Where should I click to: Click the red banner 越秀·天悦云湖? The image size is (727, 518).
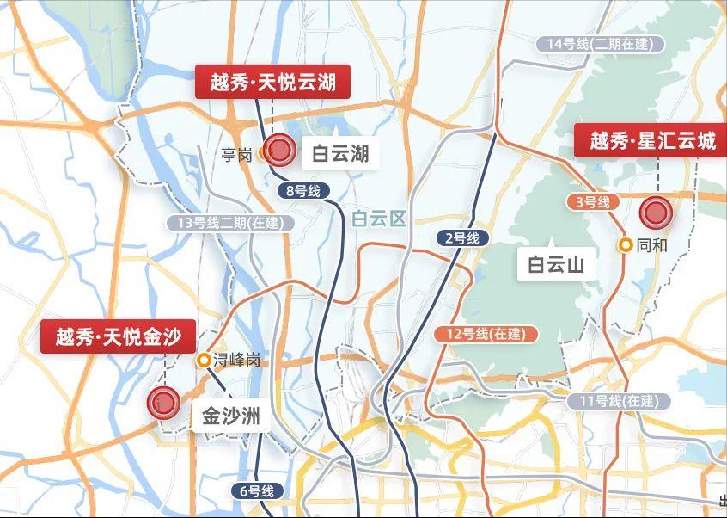point(272,83)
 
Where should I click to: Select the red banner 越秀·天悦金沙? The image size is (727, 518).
point(119,336)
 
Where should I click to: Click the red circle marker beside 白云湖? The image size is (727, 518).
point(279,151)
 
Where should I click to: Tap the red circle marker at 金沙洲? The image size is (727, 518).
point(163,401)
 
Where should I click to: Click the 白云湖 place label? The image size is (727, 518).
point(340,154)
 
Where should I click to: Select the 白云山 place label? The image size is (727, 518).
point(556,265)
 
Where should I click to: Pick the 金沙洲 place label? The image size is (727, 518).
point(229,417)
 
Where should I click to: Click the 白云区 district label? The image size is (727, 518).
point(378,219)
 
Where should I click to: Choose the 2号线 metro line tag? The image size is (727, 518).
point(462,238)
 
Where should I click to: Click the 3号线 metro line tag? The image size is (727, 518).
point(593,202)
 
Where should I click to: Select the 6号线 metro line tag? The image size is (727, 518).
point(256,491)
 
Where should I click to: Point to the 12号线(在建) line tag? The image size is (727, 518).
point(486,334)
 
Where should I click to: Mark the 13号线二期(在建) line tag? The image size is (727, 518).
point(230,223)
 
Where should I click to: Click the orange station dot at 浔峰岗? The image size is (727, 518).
point(204,361)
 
